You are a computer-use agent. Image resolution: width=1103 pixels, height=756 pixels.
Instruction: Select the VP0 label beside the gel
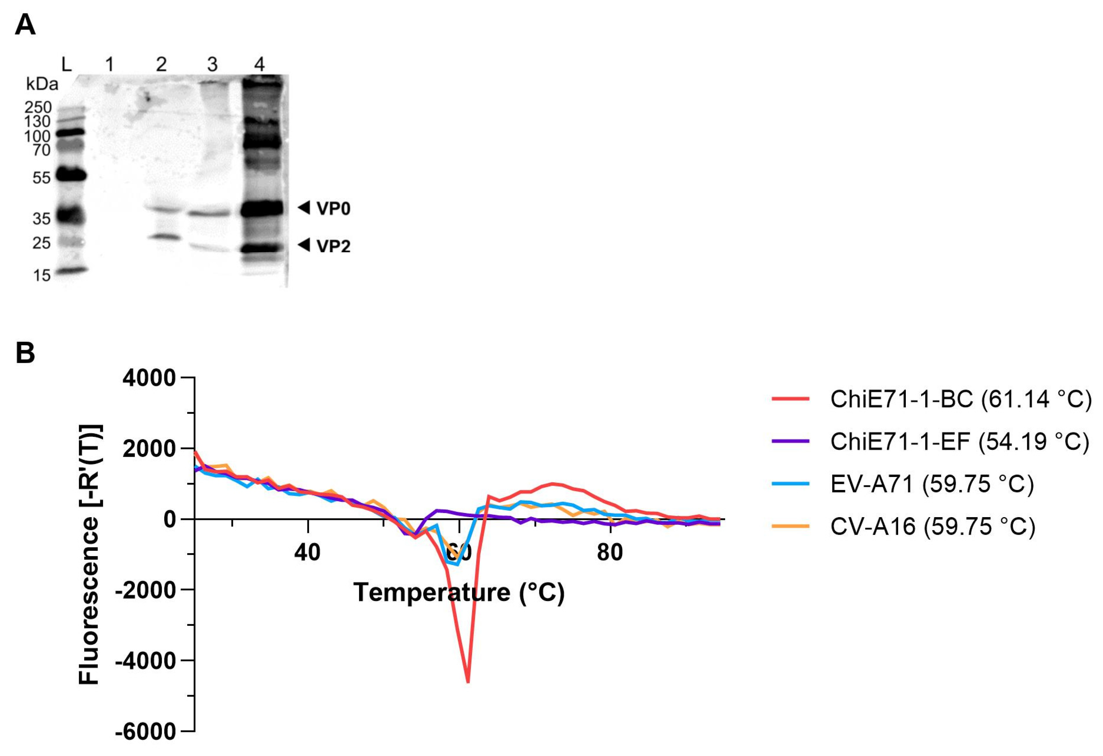pyautogui.click(x=333, y=209)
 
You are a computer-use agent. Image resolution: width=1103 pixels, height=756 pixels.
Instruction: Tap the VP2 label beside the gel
pyautogui.click(x=333, y=246)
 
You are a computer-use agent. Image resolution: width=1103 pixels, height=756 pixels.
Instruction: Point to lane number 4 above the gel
pyautogui.click(x=259, y=64)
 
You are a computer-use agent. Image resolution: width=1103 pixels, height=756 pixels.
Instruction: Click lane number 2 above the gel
pyautogui.click(x=161, y=64)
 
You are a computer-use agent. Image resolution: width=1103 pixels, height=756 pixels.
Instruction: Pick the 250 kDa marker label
pyautogui.click(x=38, y=108)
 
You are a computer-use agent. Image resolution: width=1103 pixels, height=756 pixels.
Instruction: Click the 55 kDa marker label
pyautogui.click(x=41, y=178)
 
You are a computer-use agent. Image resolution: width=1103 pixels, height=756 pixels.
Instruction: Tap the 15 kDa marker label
pyautogui.click(x=42, y=275)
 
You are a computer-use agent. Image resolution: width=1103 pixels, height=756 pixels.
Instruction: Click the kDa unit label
pyautogui.click(x=42, y=85)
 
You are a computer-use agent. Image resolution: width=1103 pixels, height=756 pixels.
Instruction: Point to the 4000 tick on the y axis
pyautogui.click(x=149, y=378)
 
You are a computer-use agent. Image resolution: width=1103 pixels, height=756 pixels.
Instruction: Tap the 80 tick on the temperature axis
pyautogui.click(x=610, y=552)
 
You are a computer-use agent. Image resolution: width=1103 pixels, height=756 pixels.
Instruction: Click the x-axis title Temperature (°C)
pyautogui.click(x=459, y=592)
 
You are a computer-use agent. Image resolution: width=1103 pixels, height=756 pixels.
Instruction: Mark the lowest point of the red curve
pyautogui.click(x=469, y=682)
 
